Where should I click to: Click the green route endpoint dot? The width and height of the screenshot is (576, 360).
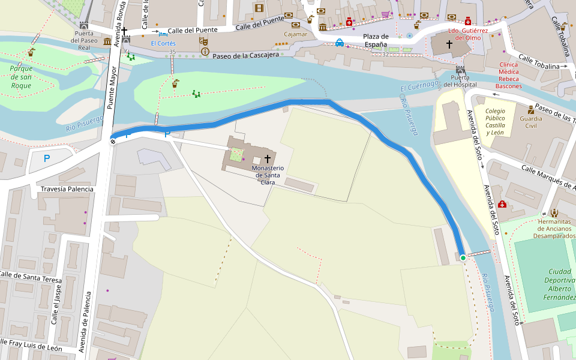click(463, 258)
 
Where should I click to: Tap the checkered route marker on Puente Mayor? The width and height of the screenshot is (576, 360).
click(113, 141)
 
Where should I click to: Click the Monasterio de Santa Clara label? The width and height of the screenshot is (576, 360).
click(268, 175)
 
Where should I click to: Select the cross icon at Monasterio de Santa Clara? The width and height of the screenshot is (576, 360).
click(267, 159)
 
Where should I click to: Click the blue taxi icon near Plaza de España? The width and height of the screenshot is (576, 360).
click(340, 43)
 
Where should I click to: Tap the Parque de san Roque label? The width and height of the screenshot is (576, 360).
click(21, 77)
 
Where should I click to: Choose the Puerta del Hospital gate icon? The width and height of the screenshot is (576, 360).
click(460, 70)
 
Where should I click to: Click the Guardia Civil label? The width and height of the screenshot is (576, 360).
click(531, 122)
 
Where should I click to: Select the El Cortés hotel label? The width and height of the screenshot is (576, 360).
click(163, 43)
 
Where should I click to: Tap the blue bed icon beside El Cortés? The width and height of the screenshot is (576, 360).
click(163, 34)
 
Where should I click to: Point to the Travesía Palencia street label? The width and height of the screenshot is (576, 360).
click(67, 189)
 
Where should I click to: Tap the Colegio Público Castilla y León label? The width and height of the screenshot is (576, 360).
click(495, 122)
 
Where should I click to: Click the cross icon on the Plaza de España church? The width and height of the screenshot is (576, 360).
click(449, 44)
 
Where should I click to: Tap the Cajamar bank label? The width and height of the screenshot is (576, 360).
click(295, 34)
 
